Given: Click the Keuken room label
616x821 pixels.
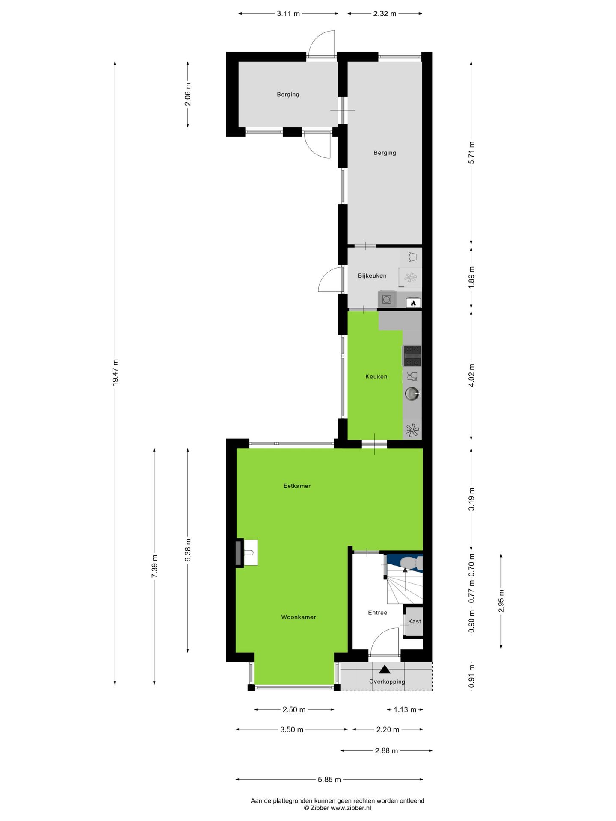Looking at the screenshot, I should [376, 377].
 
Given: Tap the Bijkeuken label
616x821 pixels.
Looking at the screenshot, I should [372, 276].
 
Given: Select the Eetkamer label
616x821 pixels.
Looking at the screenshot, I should [297, 486].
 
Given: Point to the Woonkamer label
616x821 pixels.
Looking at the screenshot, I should [299, 617].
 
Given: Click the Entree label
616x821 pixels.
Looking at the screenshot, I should [377, 613].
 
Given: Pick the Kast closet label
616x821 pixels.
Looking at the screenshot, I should [414, 621].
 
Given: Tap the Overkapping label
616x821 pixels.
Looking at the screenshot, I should [387, 682].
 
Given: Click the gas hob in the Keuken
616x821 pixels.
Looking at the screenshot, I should [412, 356].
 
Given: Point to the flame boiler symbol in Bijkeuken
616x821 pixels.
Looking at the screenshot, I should [413, 303].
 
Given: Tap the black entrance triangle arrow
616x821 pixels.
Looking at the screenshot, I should [385, 670].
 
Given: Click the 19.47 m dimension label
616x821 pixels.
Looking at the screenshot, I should [115, 373].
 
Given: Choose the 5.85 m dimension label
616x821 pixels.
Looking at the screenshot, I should [329, 780].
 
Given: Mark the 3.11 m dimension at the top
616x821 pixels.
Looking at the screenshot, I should [288, 14].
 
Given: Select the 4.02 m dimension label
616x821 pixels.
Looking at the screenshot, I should [471, 375].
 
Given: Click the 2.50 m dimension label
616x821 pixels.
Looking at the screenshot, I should [294, 710].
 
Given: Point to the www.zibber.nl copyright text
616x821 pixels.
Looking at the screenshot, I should [338, 808].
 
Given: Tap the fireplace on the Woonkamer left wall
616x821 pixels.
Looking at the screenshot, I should [239, 552].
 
